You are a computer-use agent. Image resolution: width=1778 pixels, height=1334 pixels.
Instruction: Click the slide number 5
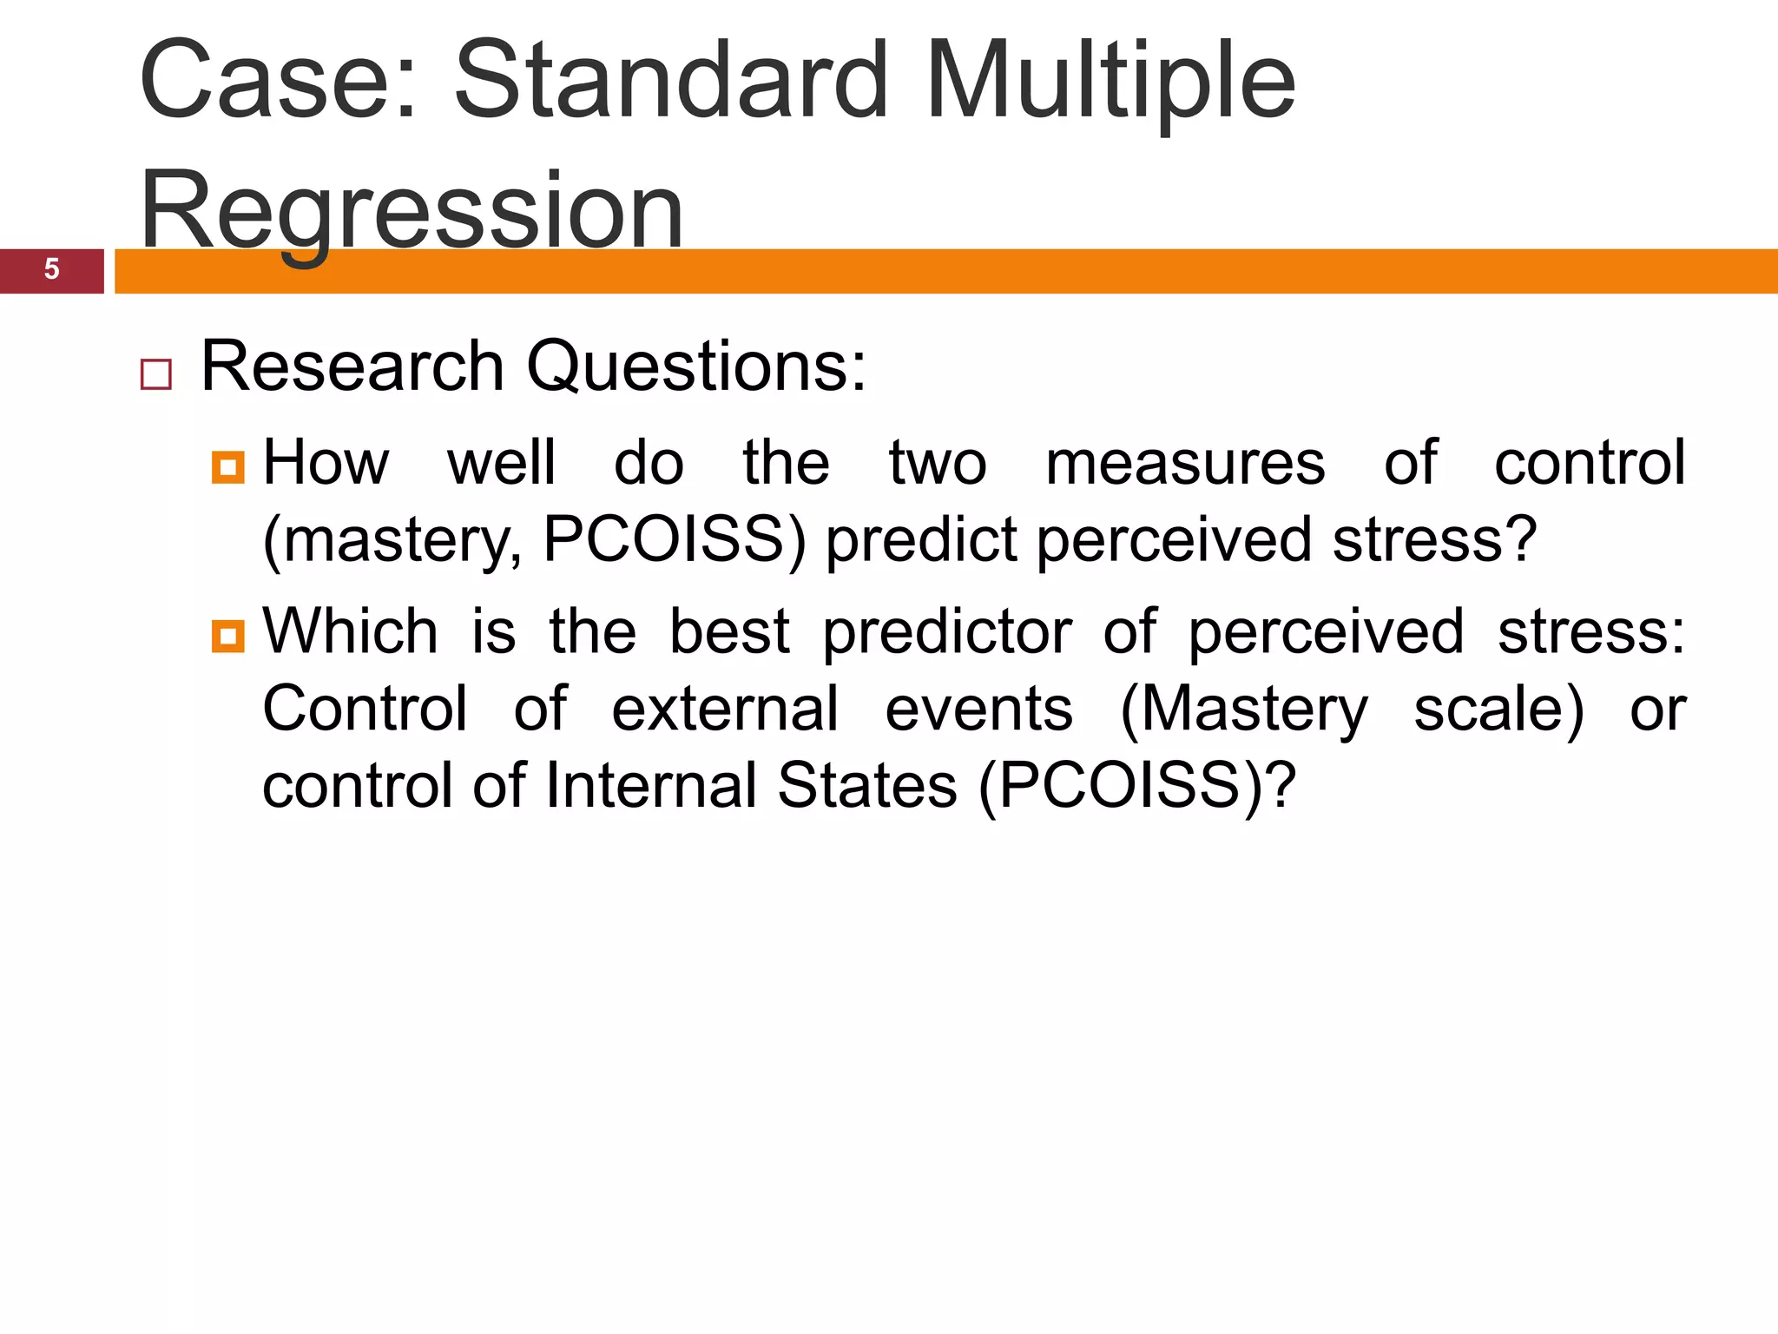[51, 269]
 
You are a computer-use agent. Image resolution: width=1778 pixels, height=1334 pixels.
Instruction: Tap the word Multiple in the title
[1110, 80]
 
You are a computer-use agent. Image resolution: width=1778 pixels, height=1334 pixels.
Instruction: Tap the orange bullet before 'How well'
[227, 468]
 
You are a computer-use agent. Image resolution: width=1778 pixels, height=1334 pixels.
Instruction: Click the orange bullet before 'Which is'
[227, 636]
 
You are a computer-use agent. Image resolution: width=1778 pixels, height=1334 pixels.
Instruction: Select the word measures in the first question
[1185, 464]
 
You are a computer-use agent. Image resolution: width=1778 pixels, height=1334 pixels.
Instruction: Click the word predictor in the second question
[946, 632]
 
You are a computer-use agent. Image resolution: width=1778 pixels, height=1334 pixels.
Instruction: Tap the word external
[725, 710]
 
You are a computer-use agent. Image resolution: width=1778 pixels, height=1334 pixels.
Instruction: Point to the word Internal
[651, 786]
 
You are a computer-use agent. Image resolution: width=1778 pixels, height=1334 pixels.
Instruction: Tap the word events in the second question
[978, 710]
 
